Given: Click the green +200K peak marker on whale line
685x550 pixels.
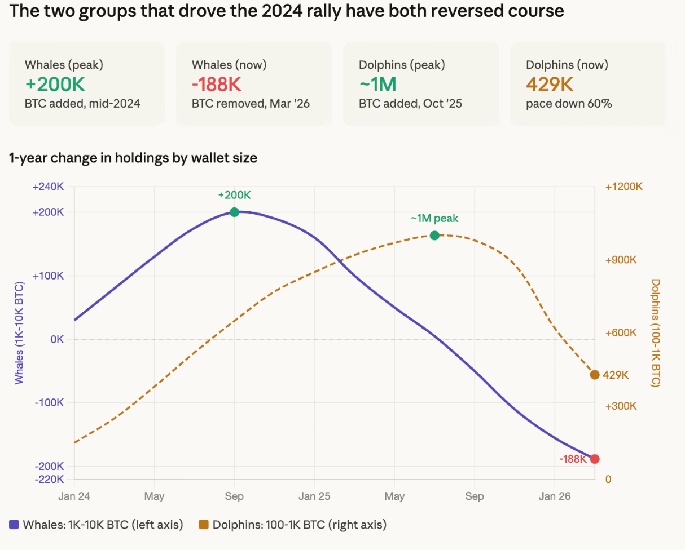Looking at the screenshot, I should pyautogui.click(x=234, y=212).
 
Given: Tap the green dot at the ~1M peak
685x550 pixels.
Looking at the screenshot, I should pyautogui.click(x=434, y=235).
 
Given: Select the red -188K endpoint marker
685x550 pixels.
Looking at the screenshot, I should pyautogui.click(x=595, y=459).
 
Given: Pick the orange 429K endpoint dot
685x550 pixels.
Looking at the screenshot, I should pyautogui.click(x=595, y=375).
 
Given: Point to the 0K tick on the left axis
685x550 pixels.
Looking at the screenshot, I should pyautogui.click(x=57, y=339).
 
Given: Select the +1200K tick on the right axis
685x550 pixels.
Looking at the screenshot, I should pyautogui.click(x=623, y=187).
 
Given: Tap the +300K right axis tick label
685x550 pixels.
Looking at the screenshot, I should pyautogui.click(x=621, y=406).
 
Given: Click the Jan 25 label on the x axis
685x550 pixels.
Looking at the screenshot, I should pyautogui.click(x=314, y=496).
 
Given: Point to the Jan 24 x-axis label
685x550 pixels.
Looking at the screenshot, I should pyautogui.click(x=74, y=496).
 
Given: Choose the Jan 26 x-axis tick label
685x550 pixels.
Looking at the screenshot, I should pyautogui.click(x=555, y=496).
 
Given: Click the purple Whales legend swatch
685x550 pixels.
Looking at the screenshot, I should pyautogui.click(x=14, y=525).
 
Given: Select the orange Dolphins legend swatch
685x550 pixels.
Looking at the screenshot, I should pyautogui.click(x=204, y=525).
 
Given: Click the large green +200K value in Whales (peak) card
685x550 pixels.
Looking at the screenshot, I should pyautogui.click(x=55, y=85).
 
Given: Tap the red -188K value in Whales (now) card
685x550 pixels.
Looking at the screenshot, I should pyautogui.click(x=217, y=85).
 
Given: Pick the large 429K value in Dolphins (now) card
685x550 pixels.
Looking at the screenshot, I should pyautogui.click(x=550, y=85).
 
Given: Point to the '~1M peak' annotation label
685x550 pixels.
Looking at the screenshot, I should pyautogui.click(x=434, y=219).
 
